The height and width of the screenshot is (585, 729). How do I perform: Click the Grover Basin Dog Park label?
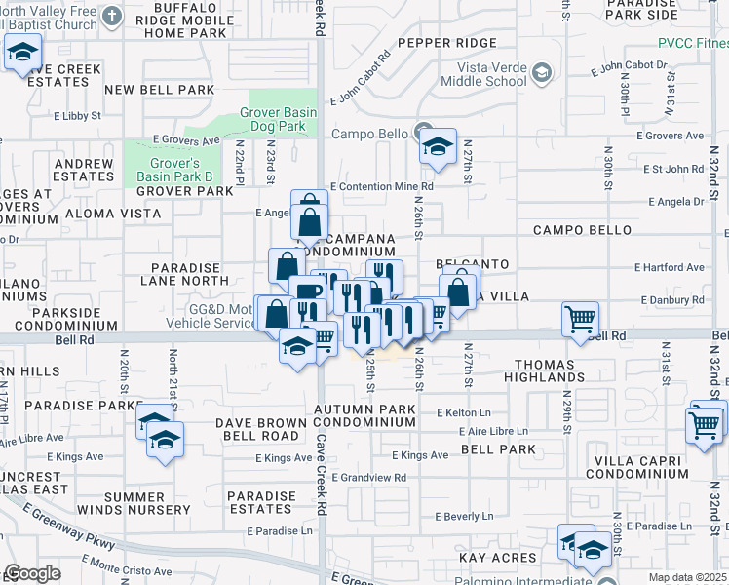(x=279, y=120)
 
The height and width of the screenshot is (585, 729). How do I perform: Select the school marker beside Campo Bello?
(x=439, y=147)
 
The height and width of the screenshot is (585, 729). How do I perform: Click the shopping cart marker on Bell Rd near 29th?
(x=581, y=319)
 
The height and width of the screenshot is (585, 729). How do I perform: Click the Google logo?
(x=33, y=573)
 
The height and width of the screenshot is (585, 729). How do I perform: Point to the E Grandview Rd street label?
(x=368, y=478)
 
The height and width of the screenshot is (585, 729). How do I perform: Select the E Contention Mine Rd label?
(x=381, y=186)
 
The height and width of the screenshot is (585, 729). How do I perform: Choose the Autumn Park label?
(x=364, y=409)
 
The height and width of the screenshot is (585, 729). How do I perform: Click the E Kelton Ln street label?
(x=465, y=413)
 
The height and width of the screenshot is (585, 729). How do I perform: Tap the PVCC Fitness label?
(x=692, y=43)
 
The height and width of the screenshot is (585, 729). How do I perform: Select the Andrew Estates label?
(x=85, y=170)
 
